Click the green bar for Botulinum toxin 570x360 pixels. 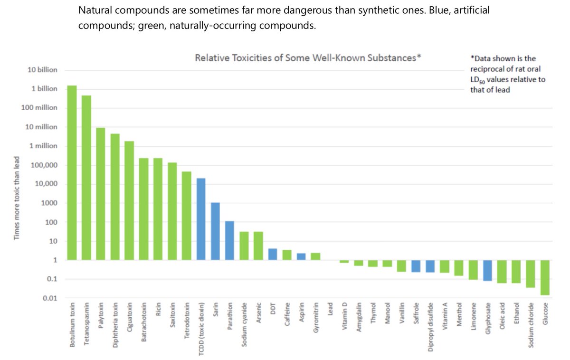pos(72,173)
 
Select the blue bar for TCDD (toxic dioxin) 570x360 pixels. pos(201,219)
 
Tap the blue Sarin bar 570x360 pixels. pos(215,231)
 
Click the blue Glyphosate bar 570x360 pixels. pos(487,270)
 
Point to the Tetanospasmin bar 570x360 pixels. pos(86,178)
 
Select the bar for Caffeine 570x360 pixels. pos(287,255)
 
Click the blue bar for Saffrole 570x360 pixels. pos(416,266)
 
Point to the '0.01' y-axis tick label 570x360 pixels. pos(50,298)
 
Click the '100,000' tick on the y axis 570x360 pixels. pos(45,165)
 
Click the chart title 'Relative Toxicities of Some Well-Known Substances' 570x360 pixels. pos(308,58)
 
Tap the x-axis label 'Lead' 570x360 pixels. pos(330,312)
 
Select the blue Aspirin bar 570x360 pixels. pos(301,256)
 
